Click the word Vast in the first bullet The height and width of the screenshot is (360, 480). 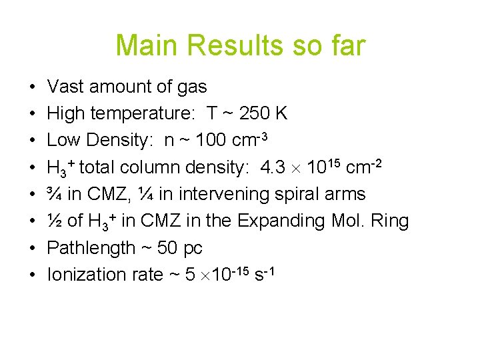coord(63,87)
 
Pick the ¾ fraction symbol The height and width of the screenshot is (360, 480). coord(55,194)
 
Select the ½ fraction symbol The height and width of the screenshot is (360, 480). coord(55,221)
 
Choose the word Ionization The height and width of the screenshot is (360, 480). coord(87,275)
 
